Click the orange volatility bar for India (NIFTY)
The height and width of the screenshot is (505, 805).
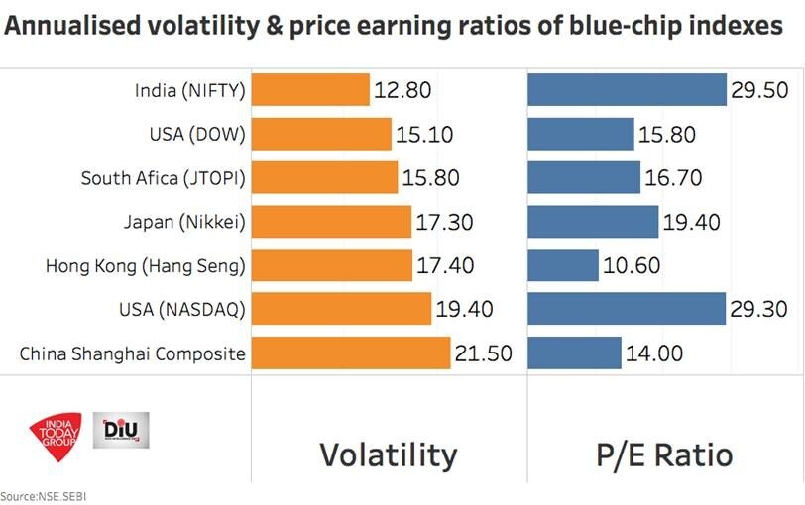point(310,90)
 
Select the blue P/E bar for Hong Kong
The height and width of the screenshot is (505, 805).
point(563,265)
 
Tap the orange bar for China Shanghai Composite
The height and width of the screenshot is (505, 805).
point(351,353)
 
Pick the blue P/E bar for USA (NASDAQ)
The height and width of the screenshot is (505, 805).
point(627,309)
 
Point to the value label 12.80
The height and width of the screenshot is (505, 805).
point(402,91)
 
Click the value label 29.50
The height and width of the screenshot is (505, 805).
point(759,91)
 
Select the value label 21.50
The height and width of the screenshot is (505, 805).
point(483,353)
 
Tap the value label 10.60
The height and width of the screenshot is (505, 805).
point(632,266)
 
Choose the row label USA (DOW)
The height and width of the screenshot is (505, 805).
point(192,135)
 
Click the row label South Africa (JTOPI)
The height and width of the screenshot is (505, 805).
point(163,178)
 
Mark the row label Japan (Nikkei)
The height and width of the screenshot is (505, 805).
point(183,222)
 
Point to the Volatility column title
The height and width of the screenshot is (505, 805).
point(388,454)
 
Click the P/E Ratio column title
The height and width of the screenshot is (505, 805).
point(665,454)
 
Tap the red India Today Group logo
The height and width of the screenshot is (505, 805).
point(57,432)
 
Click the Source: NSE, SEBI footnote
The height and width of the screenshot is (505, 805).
point(42,495)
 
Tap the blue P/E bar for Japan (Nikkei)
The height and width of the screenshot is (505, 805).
point(593,222)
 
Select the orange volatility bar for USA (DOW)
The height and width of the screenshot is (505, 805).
point(322,135)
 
